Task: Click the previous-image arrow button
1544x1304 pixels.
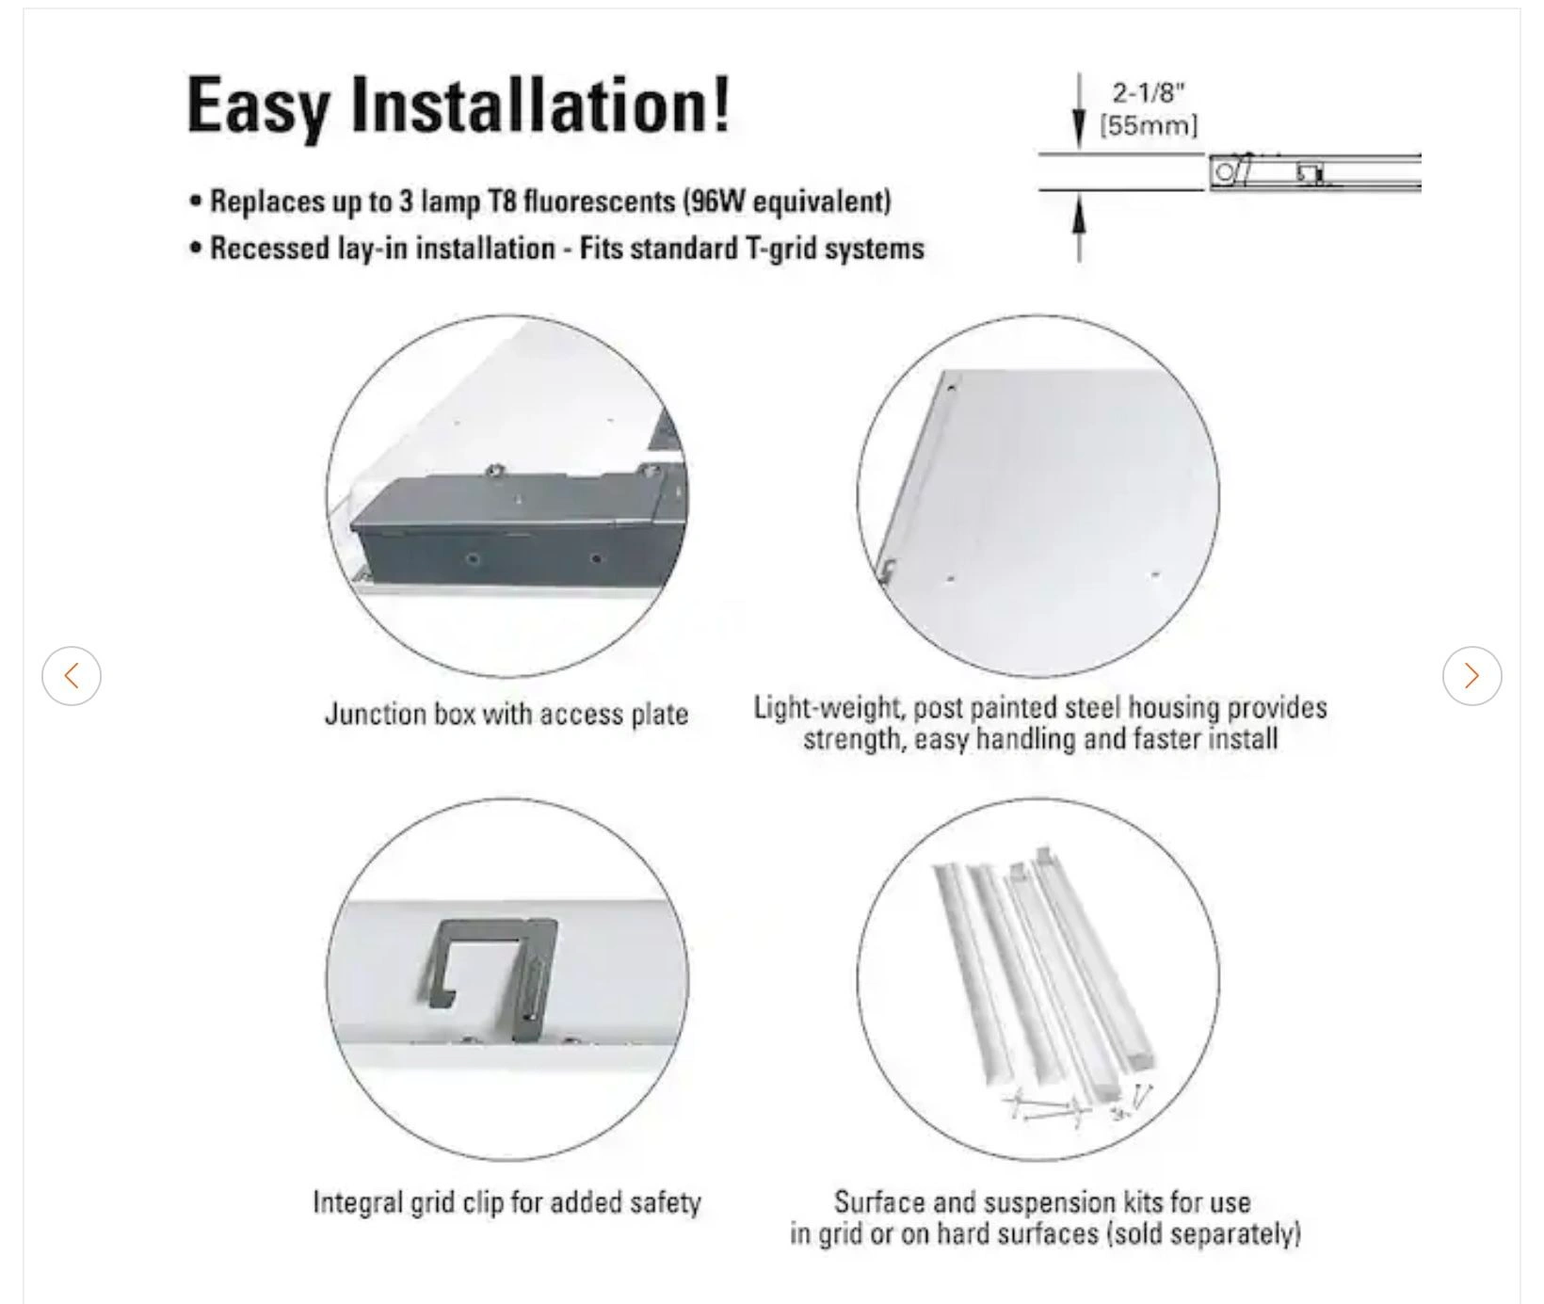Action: point(72,675)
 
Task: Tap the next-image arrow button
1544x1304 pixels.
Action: point(1472,675)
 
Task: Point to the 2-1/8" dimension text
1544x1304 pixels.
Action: point(1150,92)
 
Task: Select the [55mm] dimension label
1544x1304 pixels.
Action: point(1150,125)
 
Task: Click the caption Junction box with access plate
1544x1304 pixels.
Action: point(507,715)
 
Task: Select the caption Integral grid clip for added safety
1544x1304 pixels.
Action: point(507,1202)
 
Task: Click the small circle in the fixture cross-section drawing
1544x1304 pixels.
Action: point(1224,172)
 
